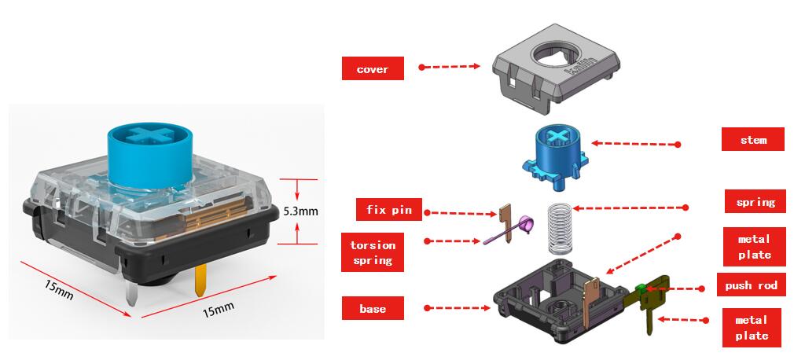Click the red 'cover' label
[373, 69]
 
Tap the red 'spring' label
[755, 202]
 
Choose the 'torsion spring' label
[373, 252]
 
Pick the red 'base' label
[373, 308]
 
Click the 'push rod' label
[751, 285]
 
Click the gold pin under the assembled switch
[199, 277]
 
